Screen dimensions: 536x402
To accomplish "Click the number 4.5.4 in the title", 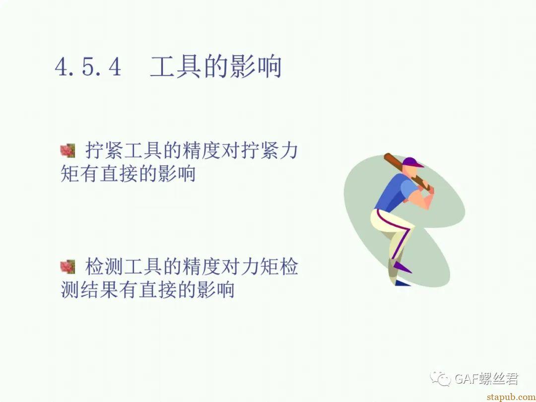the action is (88, 67).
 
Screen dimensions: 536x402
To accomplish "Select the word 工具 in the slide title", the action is (175, 67).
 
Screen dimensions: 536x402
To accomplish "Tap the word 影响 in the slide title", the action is (256, 67).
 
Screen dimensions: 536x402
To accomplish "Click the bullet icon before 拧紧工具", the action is (67, 151).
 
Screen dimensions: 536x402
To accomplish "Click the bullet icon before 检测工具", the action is (67, 267).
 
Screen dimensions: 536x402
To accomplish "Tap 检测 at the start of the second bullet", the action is (104, 267).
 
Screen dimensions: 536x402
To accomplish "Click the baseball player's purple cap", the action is (412, 162).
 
